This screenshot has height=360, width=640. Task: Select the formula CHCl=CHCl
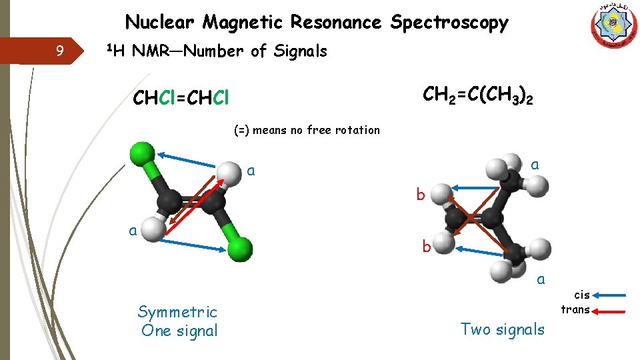(181, 99)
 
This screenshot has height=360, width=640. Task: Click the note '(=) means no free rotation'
(307, 130)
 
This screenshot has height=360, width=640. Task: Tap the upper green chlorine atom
(141, 153)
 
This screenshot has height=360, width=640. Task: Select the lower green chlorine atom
(240, 248)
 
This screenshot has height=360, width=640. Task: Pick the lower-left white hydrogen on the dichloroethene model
(153, 228)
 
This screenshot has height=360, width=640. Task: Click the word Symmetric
(177, 312)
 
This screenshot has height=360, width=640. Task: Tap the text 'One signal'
(179, 331)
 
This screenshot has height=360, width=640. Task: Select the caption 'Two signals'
(503, 329)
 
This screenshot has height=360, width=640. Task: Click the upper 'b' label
(420, 195)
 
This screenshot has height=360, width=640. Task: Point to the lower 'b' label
(425, 247)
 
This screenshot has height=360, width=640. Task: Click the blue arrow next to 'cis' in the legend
(609, 295)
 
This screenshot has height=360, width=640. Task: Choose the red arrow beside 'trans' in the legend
(609, 310)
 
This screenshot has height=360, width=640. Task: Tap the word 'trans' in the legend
(575, 309)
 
